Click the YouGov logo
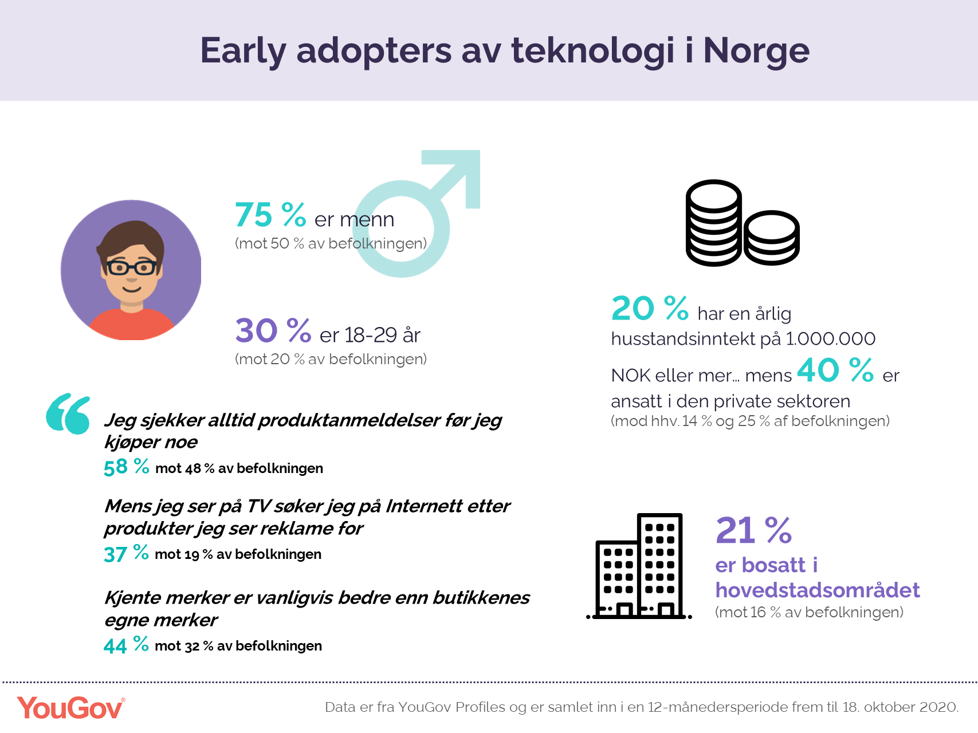click(70, 708)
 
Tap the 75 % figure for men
click(270, 215)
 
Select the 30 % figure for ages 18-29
click(273, 331)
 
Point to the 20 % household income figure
click(650, 308)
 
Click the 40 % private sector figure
click(835, 370)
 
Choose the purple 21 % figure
click(753, 530)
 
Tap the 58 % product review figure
click(126, 467)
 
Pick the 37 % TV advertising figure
click(126, 553)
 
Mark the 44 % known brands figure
click(126, 645)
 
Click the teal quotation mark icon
click(68, 413)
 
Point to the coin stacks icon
click(743, 223)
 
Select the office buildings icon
click(639, 566)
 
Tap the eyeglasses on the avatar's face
click(131, 267)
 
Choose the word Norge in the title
click(756, 51)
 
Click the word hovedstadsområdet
click(818, 590)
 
